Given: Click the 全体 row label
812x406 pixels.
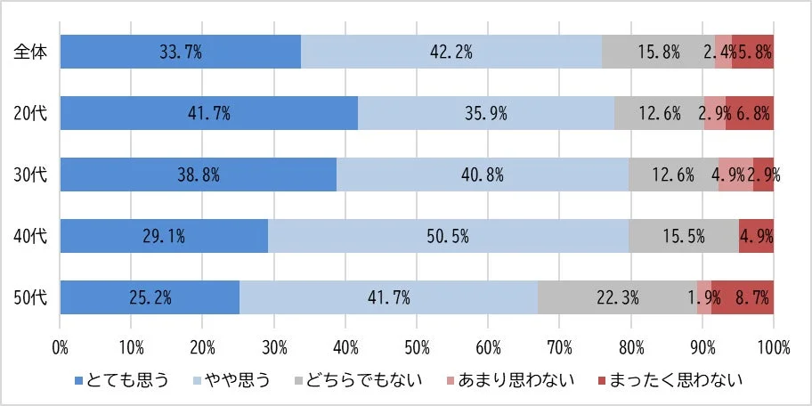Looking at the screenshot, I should point(29,52).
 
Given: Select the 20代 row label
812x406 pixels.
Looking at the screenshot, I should point(29,113).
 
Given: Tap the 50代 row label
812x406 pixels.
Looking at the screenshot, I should point(29,297).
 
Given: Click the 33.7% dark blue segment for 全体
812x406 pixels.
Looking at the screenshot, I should point(180,52).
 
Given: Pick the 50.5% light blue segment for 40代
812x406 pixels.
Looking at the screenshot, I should point(448,236).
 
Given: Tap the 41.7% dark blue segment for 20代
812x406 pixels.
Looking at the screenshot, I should point(208,113).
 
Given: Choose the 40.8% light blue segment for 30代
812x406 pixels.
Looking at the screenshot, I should point(483,175).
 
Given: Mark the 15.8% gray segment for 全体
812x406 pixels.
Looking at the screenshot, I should point(658,52).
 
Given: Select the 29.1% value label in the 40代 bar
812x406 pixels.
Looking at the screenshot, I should point(164,236).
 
